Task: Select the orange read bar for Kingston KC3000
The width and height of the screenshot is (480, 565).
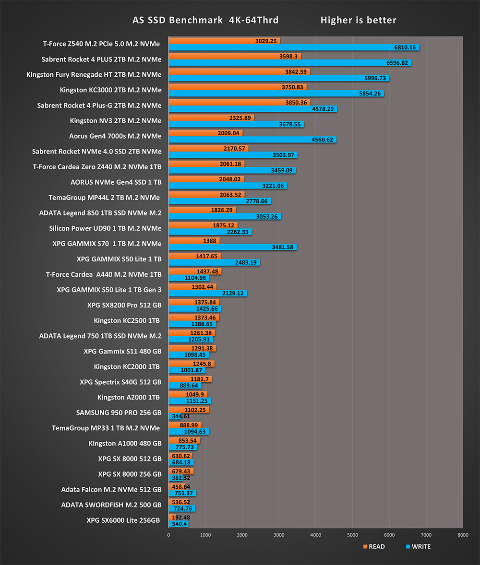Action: click(238, 87)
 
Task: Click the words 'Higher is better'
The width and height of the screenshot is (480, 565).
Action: click(358, 20)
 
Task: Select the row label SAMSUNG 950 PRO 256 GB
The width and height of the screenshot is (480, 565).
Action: click(119, 412)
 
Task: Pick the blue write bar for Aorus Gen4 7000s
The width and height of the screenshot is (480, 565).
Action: click(252, 140)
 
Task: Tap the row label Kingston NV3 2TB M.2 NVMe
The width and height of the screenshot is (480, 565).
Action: click(116, 121)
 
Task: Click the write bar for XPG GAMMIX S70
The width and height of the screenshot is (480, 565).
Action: click(232, 247)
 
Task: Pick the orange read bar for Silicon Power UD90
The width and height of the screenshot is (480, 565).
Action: click(203, 225)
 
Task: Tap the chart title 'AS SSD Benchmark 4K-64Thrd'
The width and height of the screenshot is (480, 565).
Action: click(205, 20)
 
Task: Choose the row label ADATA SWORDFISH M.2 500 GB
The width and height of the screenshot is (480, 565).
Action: click(111, 505)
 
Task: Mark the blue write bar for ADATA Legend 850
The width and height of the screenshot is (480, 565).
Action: click(225, 217)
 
